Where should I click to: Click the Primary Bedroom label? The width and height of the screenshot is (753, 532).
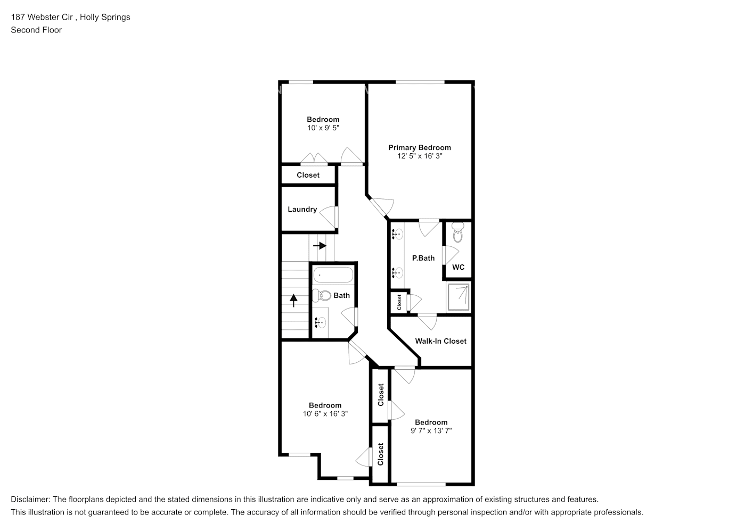(x=419, y=148)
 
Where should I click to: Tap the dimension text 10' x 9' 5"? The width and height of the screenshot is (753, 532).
(x=323, y=128)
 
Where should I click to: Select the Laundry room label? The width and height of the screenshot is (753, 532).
(x=302, y=210)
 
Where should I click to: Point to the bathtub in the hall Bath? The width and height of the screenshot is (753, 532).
(x=333, y=276)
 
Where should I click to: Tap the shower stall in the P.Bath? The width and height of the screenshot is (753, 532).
(x=459, y=296)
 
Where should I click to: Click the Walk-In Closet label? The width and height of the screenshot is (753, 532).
(x=440, y=341)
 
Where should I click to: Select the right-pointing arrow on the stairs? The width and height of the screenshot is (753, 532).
(x=320, y=246)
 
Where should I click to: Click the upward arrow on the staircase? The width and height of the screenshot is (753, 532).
(x=293, y=301)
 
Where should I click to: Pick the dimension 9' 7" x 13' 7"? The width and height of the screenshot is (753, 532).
(x=431, y=431)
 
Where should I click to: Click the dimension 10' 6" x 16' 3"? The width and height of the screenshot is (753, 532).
(x=325, y=414)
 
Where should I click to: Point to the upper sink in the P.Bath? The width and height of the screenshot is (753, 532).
(x=397, y=233)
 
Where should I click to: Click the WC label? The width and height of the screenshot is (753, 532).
(x=458, y=267)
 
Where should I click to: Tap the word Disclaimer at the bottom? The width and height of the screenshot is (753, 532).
(x=30, y=500)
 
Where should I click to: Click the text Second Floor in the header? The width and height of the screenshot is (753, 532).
(x=36, y=30)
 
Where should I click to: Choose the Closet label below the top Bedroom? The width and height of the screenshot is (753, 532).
(x=308, y=175)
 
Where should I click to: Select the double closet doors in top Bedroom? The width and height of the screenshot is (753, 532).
(x=314, y=159)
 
